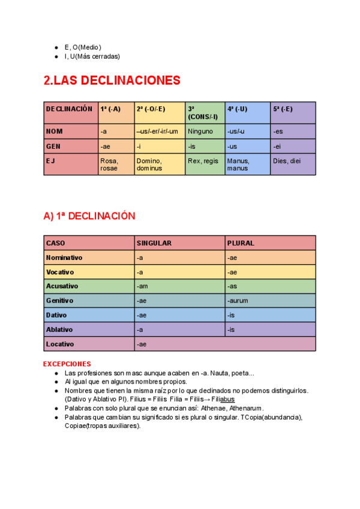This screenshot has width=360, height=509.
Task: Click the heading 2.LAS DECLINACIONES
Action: click(112, 80)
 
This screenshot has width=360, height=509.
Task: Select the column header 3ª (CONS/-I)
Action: click(205, 113)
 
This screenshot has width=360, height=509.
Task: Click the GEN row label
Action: click(54, 146)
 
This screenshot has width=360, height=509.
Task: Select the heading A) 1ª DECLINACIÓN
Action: click(89, 216)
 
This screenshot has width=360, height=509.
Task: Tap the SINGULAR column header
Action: click(154, 243)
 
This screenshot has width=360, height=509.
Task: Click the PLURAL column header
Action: click(241, 243)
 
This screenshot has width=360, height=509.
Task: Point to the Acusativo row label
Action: click(62, 286)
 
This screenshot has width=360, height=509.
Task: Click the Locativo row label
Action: click(60, 344)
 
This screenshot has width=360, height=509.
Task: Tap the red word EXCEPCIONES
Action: click(67, 364)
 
